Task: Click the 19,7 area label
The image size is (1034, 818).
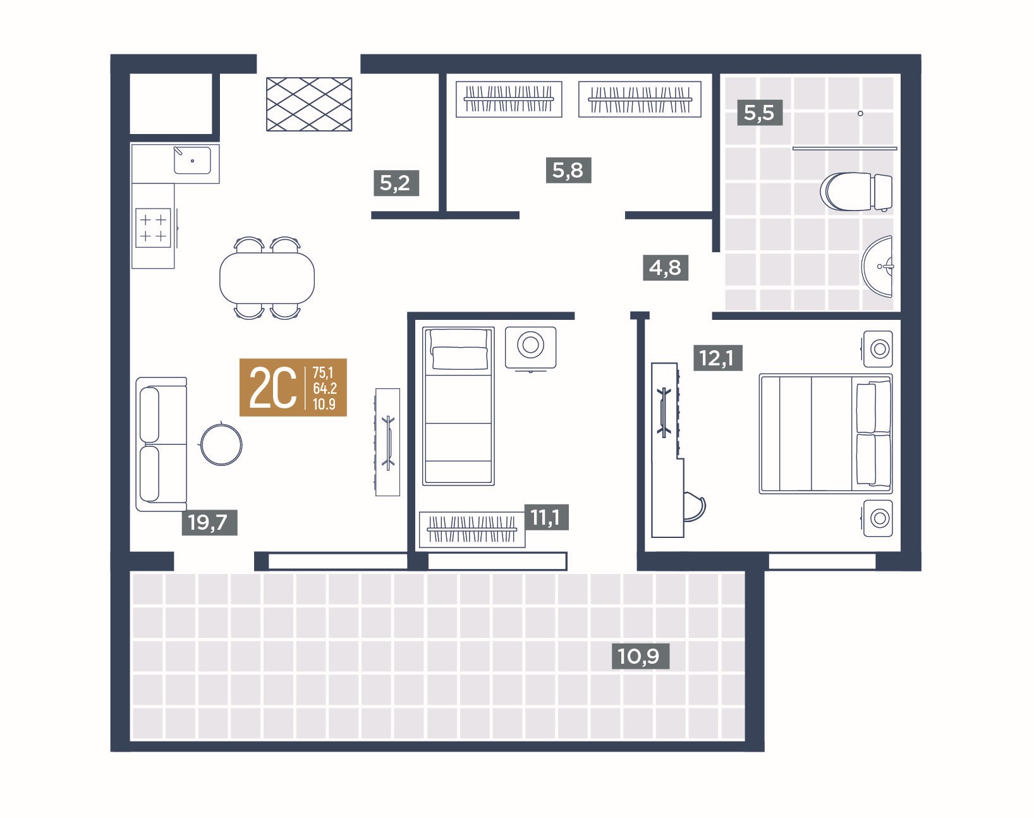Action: tap(209, 522)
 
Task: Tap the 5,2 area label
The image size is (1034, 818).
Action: tap(396, 183)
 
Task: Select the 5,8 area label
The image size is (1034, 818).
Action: tap(568, 170)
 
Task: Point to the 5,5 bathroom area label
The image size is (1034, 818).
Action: tap(760, 113)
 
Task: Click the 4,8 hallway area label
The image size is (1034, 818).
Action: tap(666, 267)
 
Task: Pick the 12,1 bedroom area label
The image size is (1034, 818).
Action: tap(718, 358)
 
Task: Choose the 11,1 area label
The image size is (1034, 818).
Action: tap(546, 518)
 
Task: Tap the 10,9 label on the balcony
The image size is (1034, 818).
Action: tap(640, 656)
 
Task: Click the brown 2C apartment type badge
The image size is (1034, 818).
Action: tap(293, 388)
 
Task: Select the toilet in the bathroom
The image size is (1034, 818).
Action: tap(856, 192)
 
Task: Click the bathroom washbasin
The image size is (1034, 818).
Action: tap(877, 266)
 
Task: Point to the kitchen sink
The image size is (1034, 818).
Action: tap(192, 161)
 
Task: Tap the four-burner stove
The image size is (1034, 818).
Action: tap(154, 228)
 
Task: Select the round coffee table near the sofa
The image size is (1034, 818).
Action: tap(221, 445)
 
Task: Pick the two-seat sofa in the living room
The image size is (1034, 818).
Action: tap(161, 444)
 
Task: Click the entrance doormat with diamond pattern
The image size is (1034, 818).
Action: tap(309, 104)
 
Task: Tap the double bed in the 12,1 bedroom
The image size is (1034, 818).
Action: tap(826, 434)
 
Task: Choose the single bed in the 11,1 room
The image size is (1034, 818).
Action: tap(458, 406)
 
